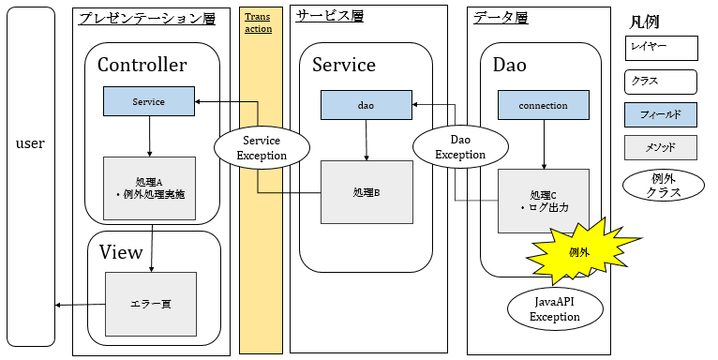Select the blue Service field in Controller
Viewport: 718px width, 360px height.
coord(148,101)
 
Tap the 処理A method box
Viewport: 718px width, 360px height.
coord(148,187)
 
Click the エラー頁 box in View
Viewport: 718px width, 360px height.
coord(150,304)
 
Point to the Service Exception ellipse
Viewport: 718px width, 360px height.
coord(262,147)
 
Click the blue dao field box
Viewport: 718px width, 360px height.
coord(366,105)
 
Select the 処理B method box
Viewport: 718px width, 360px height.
coord(366,192)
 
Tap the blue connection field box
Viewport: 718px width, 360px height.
coord(543,105)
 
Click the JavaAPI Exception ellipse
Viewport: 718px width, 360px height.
coord(555,309)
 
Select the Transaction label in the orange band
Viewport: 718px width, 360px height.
coord(258,23)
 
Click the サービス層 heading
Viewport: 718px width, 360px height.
coord(329,16)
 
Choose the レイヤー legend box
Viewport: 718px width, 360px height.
coord(661,48)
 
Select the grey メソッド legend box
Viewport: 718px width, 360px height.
coord(661,147)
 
